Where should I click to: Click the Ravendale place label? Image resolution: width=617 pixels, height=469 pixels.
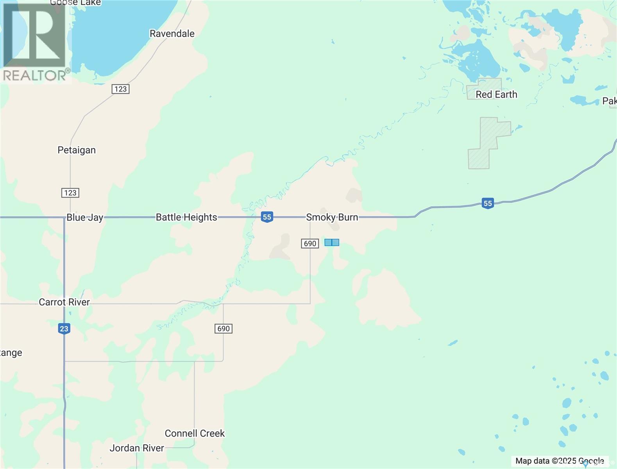pyautogui.click(x=172, y=34)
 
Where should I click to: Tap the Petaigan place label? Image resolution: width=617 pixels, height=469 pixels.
pyautogui.click(x=77, y=150)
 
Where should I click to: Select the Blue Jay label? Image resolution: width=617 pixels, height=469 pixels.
pyautogui.click(x=85, y=217)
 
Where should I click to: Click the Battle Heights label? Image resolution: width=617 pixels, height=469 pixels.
pyautogui.click(x=186, y=217)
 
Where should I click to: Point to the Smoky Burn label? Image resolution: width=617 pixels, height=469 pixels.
pyautogui.click(x=332, y=217)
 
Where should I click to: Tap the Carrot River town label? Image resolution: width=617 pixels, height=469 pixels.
pyautogui.click(x=64, y=302)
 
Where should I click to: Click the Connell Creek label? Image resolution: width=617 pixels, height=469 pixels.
pyautogui.click(x=195, y=433)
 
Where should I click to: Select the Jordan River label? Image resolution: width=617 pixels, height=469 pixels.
pyautogui.click(x=137, y=448)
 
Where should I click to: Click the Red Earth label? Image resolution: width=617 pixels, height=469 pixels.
pyautogui.click(x=496, y=95)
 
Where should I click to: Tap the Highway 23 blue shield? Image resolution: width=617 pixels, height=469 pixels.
pyautogui.click(x=64, y=328)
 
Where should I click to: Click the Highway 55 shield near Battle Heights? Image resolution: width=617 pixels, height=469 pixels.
pyautogui.click(x=267, y=217)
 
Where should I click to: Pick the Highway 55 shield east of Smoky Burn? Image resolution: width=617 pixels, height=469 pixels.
pyautogui.click(x=487, y=203)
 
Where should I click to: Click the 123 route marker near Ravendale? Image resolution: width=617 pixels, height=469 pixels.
pyautogui.click(x=120, y=89)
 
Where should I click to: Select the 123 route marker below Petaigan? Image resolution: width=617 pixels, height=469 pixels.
pyautogui.click(x=70, y=193)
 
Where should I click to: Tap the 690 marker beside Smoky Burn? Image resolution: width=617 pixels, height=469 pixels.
pyautogui.click(x=310, y=243)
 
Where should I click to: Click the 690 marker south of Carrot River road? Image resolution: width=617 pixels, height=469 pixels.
pyautogui.click(x=224, y=329)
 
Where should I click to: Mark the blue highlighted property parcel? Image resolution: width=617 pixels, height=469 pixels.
pyautogui.click(x=332, y=242)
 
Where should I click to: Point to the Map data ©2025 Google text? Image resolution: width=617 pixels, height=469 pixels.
pyautogui.click(x=560, y=461)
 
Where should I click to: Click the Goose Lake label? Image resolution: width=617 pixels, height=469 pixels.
pyautogui.click(x=75, y=3)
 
